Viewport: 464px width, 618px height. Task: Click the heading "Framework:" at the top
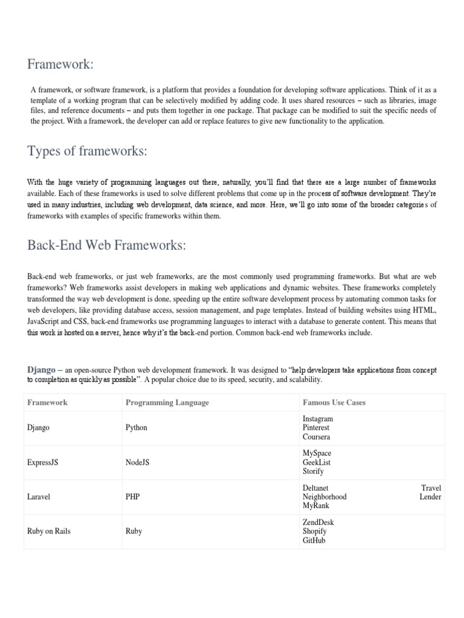60,64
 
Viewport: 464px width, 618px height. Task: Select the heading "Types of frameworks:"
87,151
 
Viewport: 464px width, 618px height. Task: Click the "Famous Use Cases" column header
333,403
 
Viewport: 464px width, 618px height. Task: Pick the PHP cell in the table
133,497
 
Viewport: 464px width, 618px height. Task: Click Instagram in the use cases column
317,418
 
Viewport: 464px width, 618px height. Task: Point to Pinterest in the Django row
316,427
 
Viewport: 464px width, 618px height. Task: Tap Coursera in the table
316,436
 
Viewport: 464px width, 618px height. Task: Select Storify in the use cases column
313,471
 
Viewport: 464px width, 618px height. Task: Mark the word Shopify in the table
315,532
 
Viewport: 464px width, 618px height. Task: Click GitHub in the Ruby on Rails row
314,541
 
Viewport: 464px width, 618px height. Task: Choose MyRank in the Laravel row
315,506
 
